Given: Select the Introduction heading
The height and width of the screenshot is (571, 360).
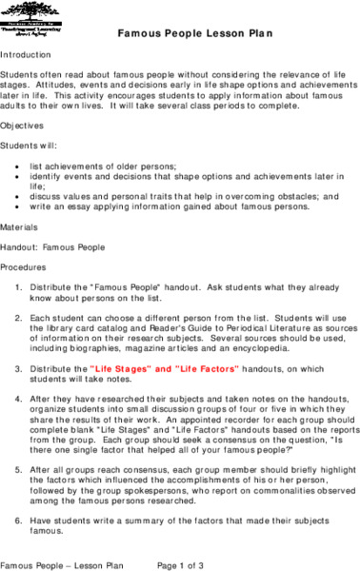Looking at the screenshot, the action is (26, 54).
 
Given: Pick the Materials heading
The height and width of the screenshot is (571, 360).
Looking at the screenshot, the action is (21, 227).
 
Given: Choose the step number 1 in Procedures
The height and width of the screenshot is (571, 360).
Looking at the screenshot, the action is (21, 286).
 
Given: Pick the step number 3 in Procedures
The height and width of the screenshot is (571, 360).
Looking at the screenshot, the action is (21, 365).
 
